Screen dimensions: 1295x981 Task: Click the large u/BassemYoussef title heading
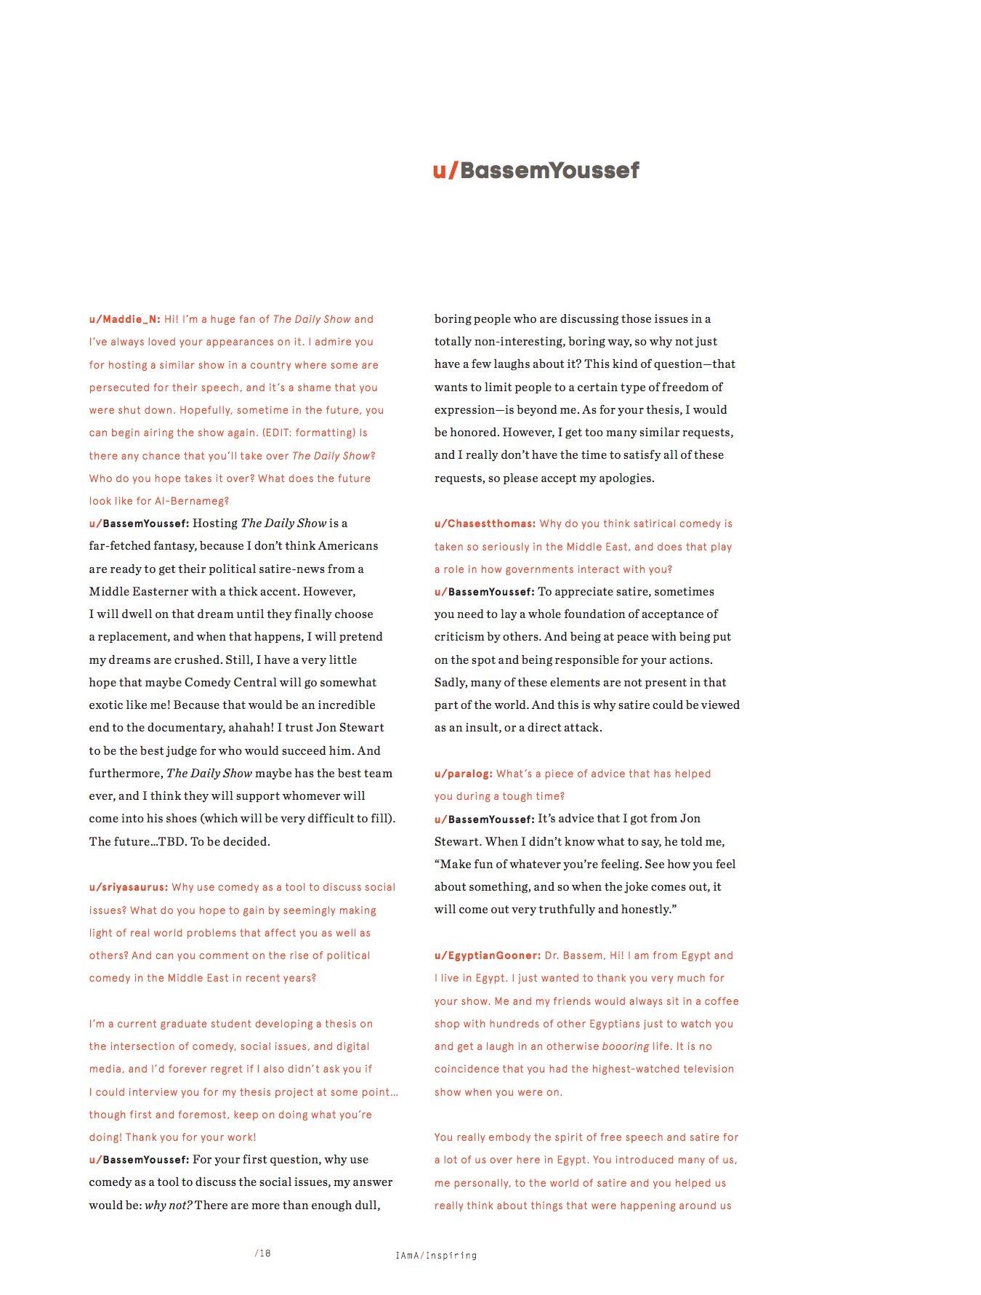click(536, 170)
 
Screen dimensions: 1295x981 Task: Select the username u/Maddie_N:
click(124, 319)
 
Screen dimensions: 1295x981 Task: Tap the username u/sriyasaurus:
click(129, 887)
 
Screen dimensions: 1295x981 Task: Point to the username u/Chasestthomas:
click(485, 524)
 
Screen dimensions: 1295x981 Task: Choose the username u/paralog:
click(464, 774)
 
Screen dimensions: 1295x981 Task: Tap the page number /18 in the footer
click(262, 1253)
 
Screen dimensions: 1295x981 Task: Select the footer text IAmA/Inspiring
click(436, 1255)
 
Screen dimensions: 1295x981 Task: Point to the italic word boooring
click(626, 1046)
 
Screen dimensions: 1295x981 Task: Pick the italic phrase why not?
click(169, 1205)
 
